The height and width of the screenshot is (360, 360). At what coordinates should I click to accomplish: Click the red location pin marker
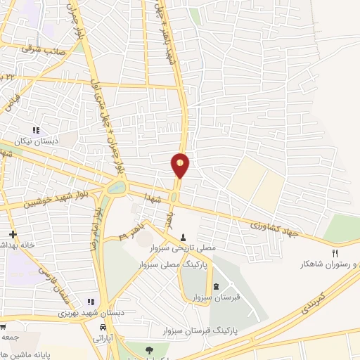180,165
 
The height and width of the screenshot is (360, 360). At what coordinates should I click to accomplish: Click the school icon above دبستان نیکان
37,130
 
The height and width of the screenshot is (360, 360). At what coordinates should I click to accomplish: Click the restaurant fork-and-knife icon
335,253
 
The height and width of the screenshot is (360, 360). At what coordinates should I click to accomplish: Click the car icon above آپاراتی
103,328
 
